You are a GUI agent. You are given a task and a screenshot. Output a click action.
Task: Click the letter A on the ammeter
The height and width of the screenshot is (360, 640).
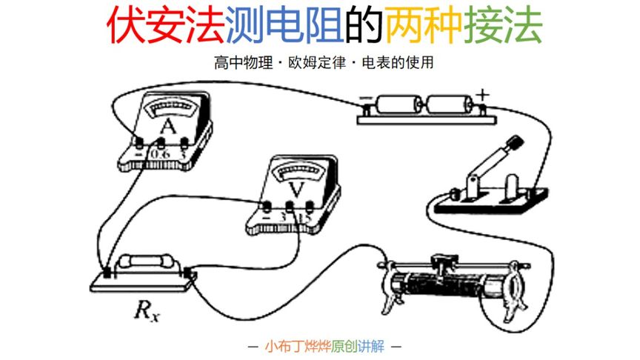click(x=168, y=127)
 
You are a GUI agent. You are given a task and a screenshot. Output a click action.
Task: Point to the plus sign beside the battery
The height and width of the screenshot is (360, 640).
click(x=482, y=95)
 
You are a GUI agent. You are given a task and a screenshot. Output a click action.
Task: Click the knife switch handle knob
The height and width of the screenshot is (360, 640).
click(x=514, y=143)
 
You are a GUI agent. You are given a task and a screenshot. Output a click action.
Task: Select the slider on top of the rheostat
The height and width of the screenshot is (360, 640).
click(x=444, y=260)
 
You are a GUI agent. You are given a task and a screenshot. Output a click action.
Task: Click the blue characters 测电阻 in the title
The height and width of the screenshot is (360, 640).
click(x=297, y=26)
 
